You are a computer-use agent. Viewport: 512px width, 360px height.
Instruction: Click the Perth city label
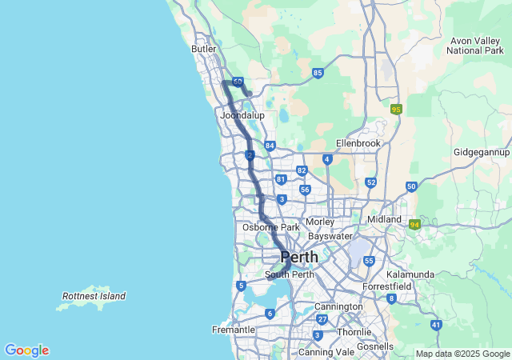pyautogui.click(x=298, y=258)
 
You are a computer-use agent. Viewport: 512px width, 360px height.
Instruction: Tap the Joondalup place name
pyautogui.click(x=242, y=115)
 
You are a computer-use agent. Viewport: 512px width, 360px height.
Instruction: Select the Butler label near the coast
pyautogui.click(x=204, y=49)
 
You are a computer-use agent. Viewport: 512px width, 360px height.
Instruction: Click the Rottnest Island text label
pyautogui.click(x=94, y=296)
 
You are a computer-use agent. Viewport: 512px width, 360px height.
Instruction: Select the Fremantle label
pyautogui.click(x=233, y=330)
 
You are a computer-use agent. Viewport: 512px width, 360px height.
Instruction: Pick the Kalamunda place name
pyautogui.click(x=410, y=274)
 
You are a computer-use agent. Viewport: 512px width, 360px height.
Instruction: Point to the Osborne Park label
pyautogui.click(x=270, y=227)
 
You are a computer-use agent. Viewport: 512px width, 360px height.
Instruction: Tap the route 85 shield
pyautogui.click(x=318, y=73)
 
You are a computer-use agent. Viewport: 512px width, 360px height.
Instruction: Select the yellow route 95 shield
pyautogui.click(x=396, y=109)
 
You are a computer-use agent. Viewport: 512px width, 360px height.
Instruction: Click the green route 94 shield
pyautogui.click(x=414, y=225)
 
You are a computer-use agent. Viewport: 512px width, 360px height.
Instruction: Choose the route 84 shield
pyautogui.click(x=270, y=146)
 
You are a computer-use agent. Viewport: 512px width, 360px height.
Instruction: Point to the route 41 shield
pyautogui.click(x=436, y=324)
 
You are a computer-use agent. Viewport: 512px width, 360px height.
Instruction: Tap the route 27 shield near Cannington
pyautogui.click(x=322, y=318)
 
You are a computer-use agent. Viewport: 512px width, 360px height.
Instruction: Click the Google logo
pyautogui.click(x=26, y=350)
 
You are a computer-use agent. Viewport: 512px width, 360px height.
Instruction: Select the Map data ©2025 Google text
pyautogui.click(x=462, y=354)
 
